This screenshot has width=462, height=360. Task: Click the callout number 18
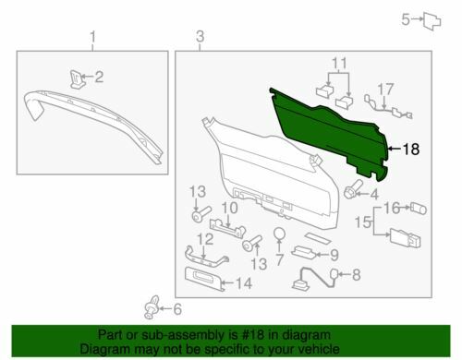pyautogui.click(x=411, y=150)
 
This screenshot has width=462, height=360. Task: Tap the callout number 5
pyautogui.click(x=406, y=19)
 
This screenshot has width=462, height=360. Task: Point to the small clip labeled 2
pyautogui.click(x=77, y=79)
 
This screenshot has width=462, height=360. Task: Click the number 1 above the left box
pyautogui.click(x=92, y=37)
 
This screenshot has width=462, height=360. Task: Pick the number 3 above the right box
pyautogui.click(x=200, y=37)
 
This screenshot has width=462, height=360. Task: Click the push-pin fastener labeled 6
pyautogui.click(x=152, y=307)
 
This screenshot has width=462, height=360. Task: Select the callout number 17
pyautogui.click(x=385, y=90)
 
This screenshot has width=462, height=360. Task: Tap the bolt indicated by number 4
pyautogui.click(x=353, y=189)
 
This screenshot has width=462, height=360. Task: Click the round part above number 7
pyautogui.click(x=280, y=234)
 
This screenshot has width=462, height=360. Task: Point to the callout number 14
pyautogui.click(x=244, y=283)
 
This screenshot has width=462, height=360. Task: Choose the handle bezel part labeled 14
pyautogui.click(x=204, y=279)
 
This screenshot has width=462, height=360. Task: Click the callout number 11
pyautogui.click(x=339, y=64)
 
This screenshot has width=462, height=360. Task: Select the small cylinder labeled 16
pyautogui.click(x=419, y=209)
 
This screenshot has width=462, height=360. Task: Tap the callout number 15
pyautogui.click(x=362, y=222)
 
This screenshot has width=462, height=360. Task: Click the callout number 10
pyautogui.click(x=229, y=208)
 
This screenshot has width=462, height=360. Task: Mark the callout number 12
pyautogui.click(x=205, y=239)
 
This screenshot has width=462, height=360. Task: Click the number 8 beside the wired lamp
pyautogui.click(x=356, y=274)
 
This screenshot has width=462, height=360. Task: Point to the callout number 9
pyautogui.click(x=334, y=255)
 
